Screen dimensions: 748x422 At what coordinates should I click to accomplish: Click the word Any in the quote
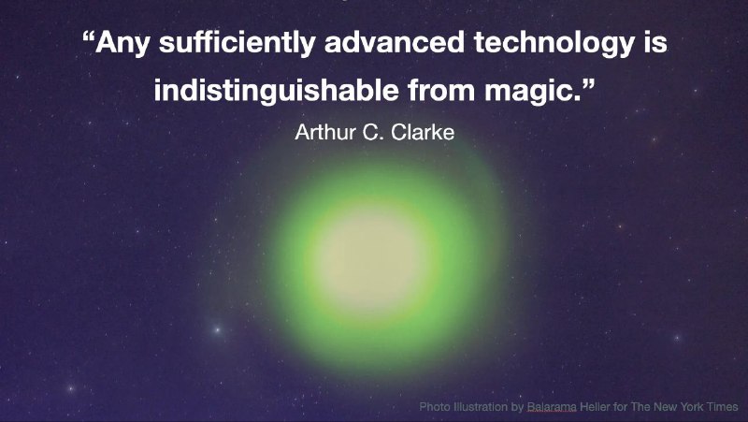pyautogui.click(x=122, y=43)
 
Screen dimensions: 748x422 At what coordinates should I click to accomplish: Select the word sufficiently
pyautogui.click(x=237, y=43)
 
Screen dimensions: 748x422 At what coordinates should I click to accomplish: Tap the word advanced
pyautogui.click(x=394, y=41)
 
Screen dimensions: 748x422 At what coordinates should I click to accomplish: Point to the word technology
pyautogui.click(x=554, y=43)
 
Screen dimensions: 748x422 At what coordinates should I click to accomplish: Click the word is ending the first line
pyautogui.click(x=655, y=41)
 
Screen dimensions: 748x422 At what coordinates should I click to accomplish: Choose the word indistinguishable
pyautogui.click(x=276, y=90)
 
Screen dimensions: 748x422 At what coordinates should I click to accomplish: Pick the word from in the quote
pyautogui.click(x=441, y=89)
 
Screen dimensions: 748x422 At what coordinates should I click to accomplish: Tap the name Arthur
pyautogui.click(x=324, y=132)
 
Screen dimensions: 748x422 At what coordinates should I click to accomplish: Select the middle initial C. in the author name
pyautogui.click(x=373, y=132)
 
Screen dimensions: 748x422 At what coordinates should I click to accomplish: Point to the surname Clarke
pyautogui.click(x=423, y=132)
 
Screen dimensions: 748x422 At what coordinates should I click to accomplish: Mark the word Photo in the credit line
pyautogui.click(x=435, y=407)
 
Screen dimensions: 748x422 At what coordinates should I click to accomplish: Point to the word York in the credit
pyautogui.click(x=689, y=407)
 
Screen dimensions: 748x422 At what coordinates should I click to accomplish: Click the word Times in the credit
pyautogui.click(x=721, y=407)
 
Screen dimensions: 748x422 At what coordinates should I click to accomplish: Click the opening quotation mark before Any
pyautogui.click(x=88, y=36)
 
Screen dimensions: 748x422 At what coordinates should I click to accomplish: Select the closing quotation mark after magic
pyautogui.click(x=589, y=83)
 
